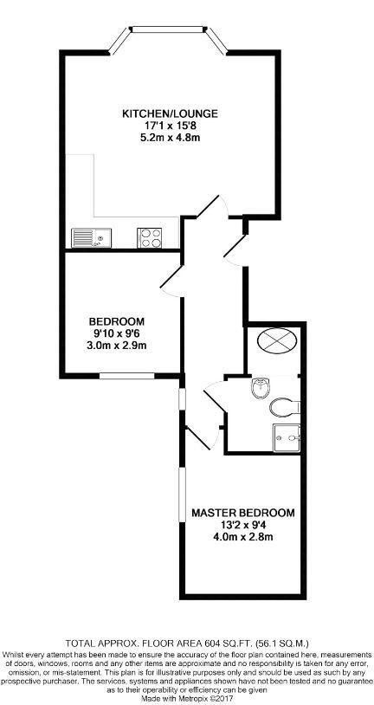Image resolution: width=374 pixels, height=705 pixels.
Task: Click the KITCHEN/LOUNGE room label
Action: coord(170,113)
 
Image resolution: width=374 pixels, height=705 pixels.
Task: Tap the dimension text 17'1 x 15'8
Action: coord(170,126)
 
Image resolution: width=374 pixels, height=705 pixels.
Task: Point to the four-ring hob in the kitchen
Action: coord(151,236)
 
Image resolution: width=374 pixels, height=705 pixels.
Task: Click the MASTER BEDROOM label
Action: coord(243,513)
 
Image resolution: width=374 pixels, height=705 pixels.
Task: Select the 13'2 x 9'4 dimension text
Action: coord(243,525)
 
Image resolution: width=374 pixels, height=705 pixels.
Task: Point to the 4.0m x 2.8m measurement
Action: coord(243,537)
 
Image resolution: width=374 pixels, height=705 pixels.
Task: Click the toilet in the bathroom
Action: coord(282,408)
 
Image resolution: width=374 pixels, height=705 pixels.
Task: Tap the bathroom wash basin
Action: coord(260,387)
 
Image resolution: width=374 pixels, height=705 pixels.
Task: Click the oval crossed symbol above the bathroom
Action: coord(277,343)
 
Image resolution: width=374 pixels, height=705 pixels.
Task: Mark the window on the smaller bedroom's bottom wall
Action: coord(122,376)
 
